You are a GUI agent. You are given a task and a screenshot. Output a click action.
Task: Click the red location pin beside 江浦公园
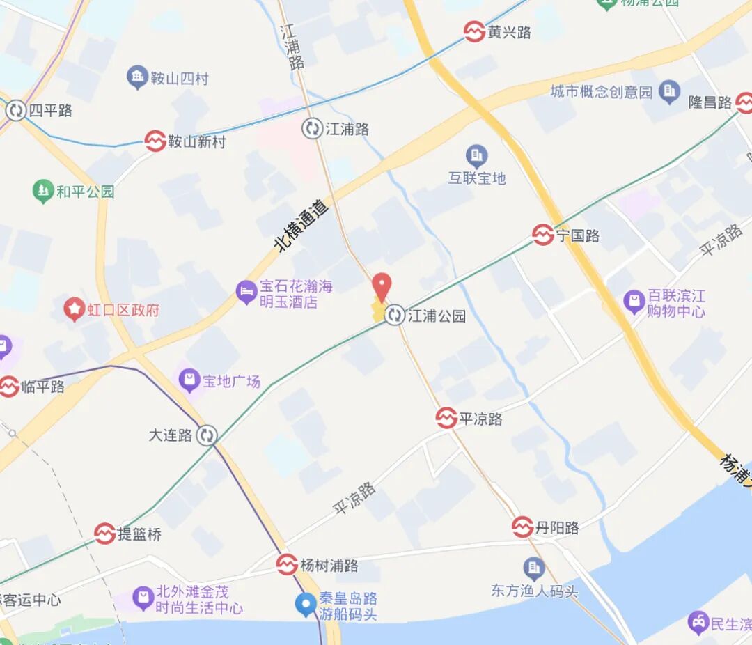pyautogui.click(x=381, y=286)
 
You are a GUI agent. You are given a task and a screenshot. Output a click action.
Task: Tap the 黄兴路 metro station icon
pyautogui.click(x=474, y=31)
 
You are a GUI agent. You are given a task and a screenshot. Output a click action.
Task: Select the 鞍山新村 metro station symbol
pyautogui.click(x=155, y=141)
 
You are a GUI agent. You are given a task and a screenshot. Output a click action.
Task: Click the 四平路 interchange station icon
pyautogui.click(x=15, y=110)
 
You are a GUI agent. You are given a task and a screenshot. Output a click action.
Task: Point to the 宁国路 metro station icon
pyautogui.click(x=543, y=235)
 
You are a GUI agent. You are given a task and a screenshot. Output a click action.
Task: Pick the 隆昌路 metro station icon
pyautogui.click(x=743, y=102)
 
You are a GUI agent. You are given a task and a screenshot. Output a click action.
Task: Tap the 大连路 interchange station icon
pyautogui.click(x=206, y=435)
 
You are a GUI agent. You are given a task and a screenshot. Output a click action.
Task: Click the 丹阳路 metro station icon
pyautogui.click(x=522, y=527)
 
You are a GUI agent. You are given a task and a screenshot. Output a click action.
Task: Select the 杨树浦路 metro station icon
pyautogui.click(x=287, y=564)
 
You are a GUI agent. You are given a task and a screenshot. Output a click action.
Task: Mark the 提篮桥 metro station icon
pyautogui.click(x=105, y=534)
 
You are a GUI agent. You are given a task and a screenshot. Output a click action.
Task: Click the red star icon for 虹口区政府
pyautogui.click(x=75, y=309)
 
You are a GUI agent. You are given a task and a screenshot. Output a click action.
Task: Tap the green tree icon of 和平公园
pyautogui.click(x=43, y=190)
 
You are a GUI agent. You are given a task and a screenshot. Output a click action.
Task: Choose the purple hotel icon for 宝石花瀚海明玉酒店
pyautogui.click(x=246, y=293)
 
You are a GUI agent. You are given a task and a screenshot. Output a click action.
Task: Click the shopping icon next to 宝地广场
pyautogui.click(x=188, y=380)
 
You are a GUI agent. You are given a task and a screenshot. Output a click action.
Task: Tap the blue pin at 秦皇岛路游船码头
pyautogui.click(x=306, y=604)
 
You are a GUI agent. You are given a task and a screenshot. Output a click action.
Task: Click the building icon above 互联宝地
pyautogui.click(x=476, y=155)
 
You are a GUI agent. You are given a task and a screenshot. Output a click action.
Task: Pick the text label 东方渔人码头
pyautogui.click(x=534, y=591)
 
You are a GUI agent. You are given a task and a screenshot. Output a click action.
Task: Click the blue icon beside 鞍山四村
pyautogui.click(x=137, y=77)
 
